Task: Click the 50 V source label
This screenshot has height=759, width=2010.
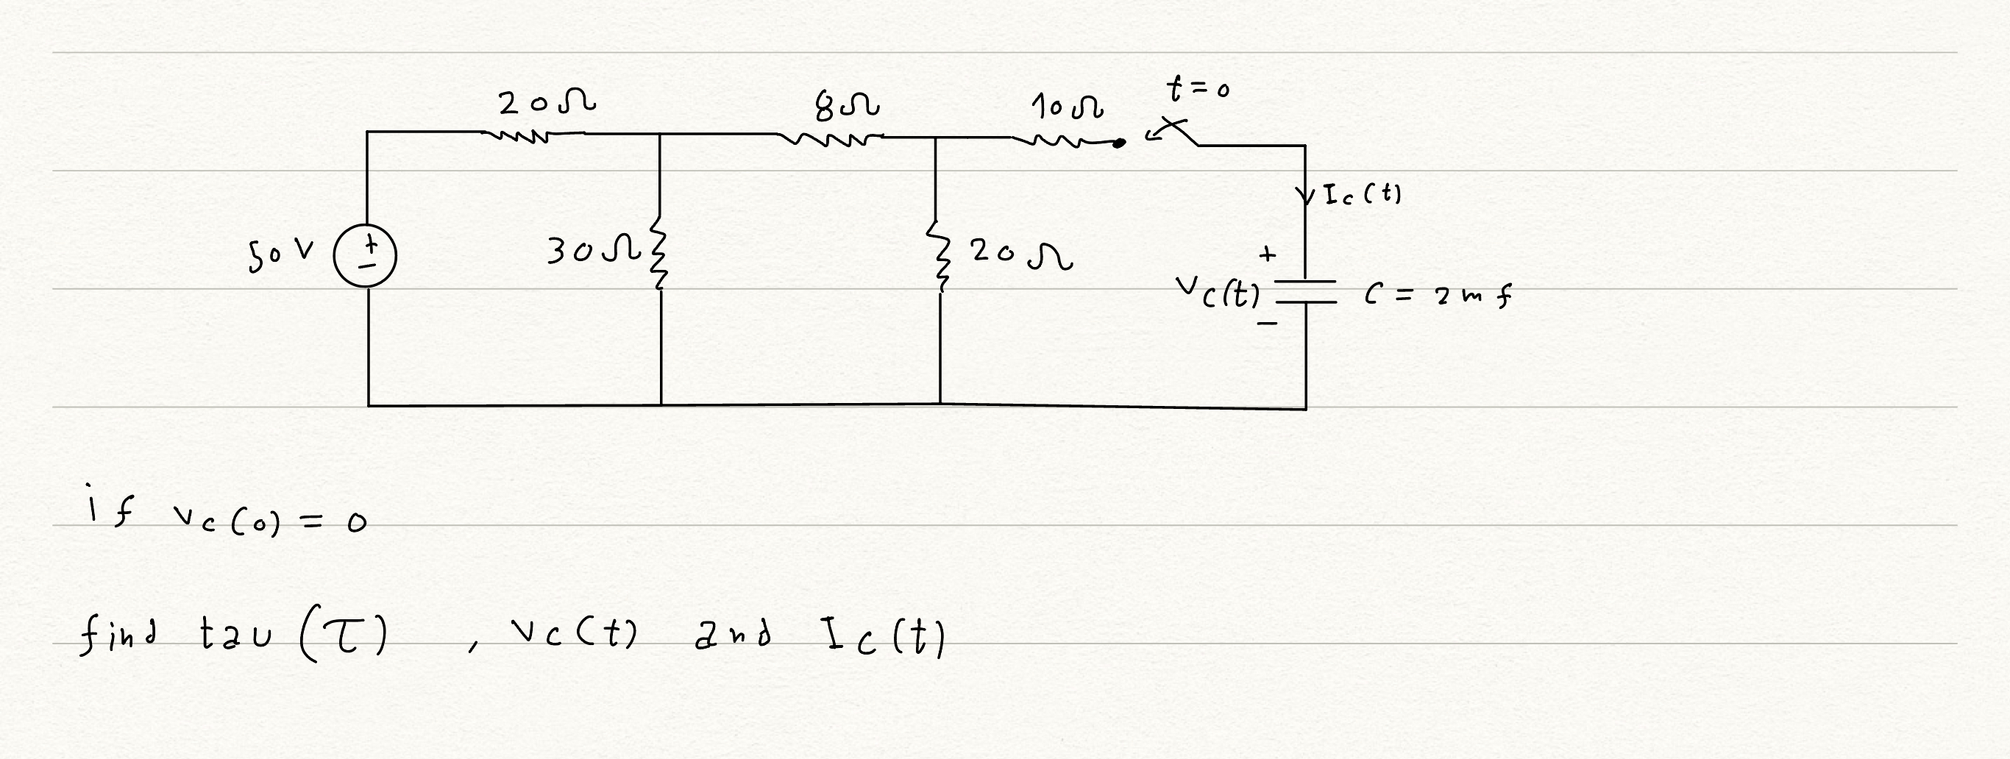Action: (281, 254)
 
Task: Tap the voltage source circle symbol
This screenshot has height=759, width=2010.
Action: (365, 255)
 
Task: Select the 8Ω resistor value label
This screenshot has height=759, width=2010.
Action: (847, 106)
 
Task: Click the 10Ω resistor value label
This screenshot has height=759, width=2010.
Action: (1067, 107)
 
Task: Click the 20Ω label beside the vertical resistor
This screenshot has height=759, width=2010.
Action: (1020, 253)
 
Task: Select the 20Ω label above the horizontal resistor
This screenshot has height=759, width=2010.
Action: (547, 102)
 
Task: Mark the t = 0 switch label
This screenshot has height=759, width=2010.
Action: (1198, 88)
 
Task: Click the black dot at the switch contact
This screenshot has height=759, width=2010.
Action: (1119, 143)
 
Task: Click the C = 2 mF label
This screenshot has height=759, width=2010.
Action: (1438, 296)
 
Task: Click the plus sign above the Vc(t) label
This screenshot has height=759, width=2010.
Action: (1267, 254)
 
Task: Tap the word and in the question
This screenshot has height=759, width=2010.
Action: (732, 635)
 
